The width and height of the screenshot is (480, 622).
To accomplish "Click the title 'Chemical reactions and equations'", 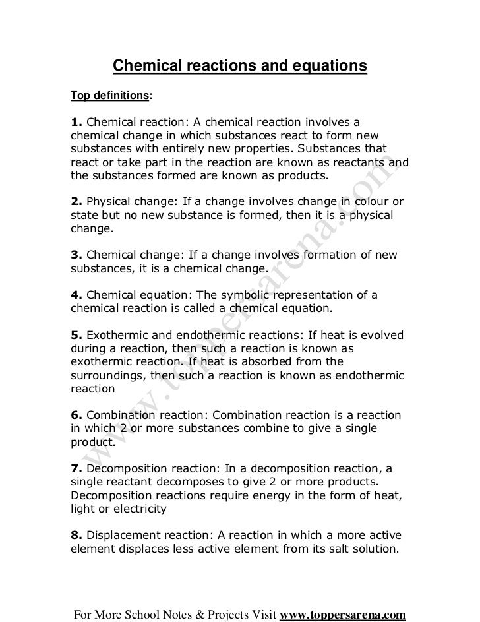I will (x=239, y=67).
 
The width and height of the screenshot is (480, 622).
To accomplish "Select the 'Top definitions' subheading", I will (x=109, y=96).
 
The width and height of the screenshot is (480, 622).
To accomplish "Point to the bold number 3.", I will (x=76, y=254).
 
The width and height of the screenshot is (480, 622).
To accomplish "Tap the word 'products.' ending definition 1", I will (x=301, y=176).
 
